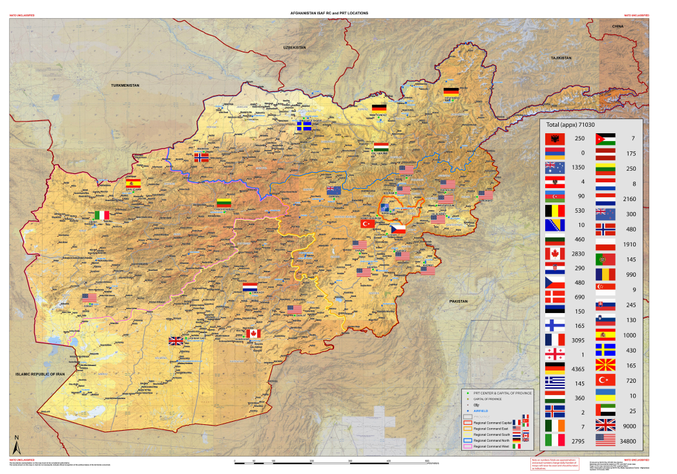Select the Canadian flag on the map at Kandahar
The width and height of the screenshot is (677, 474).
click(253, 333)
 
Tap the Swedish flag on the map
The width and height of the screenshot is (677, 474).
click(304, 126)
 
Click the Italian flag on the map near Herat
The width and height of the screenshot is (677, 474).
click(102, 215)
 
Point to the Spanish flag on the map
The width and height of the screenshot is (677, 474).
click(133, 183)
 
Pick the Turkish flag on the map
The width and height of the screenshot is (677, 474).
click(368, 224)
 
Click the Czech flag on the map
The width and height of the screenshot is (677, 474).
click(397, 229)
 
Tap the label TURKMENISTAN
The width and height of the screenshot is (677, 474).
click(125, 85)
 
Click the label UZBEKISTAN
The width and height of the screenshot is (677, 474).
click(293, 48)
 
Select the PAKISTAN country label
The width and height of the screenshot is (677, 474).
click(458, 301)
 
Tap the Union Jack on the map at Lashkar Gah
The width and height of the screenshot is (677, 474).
click(176, 341)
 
